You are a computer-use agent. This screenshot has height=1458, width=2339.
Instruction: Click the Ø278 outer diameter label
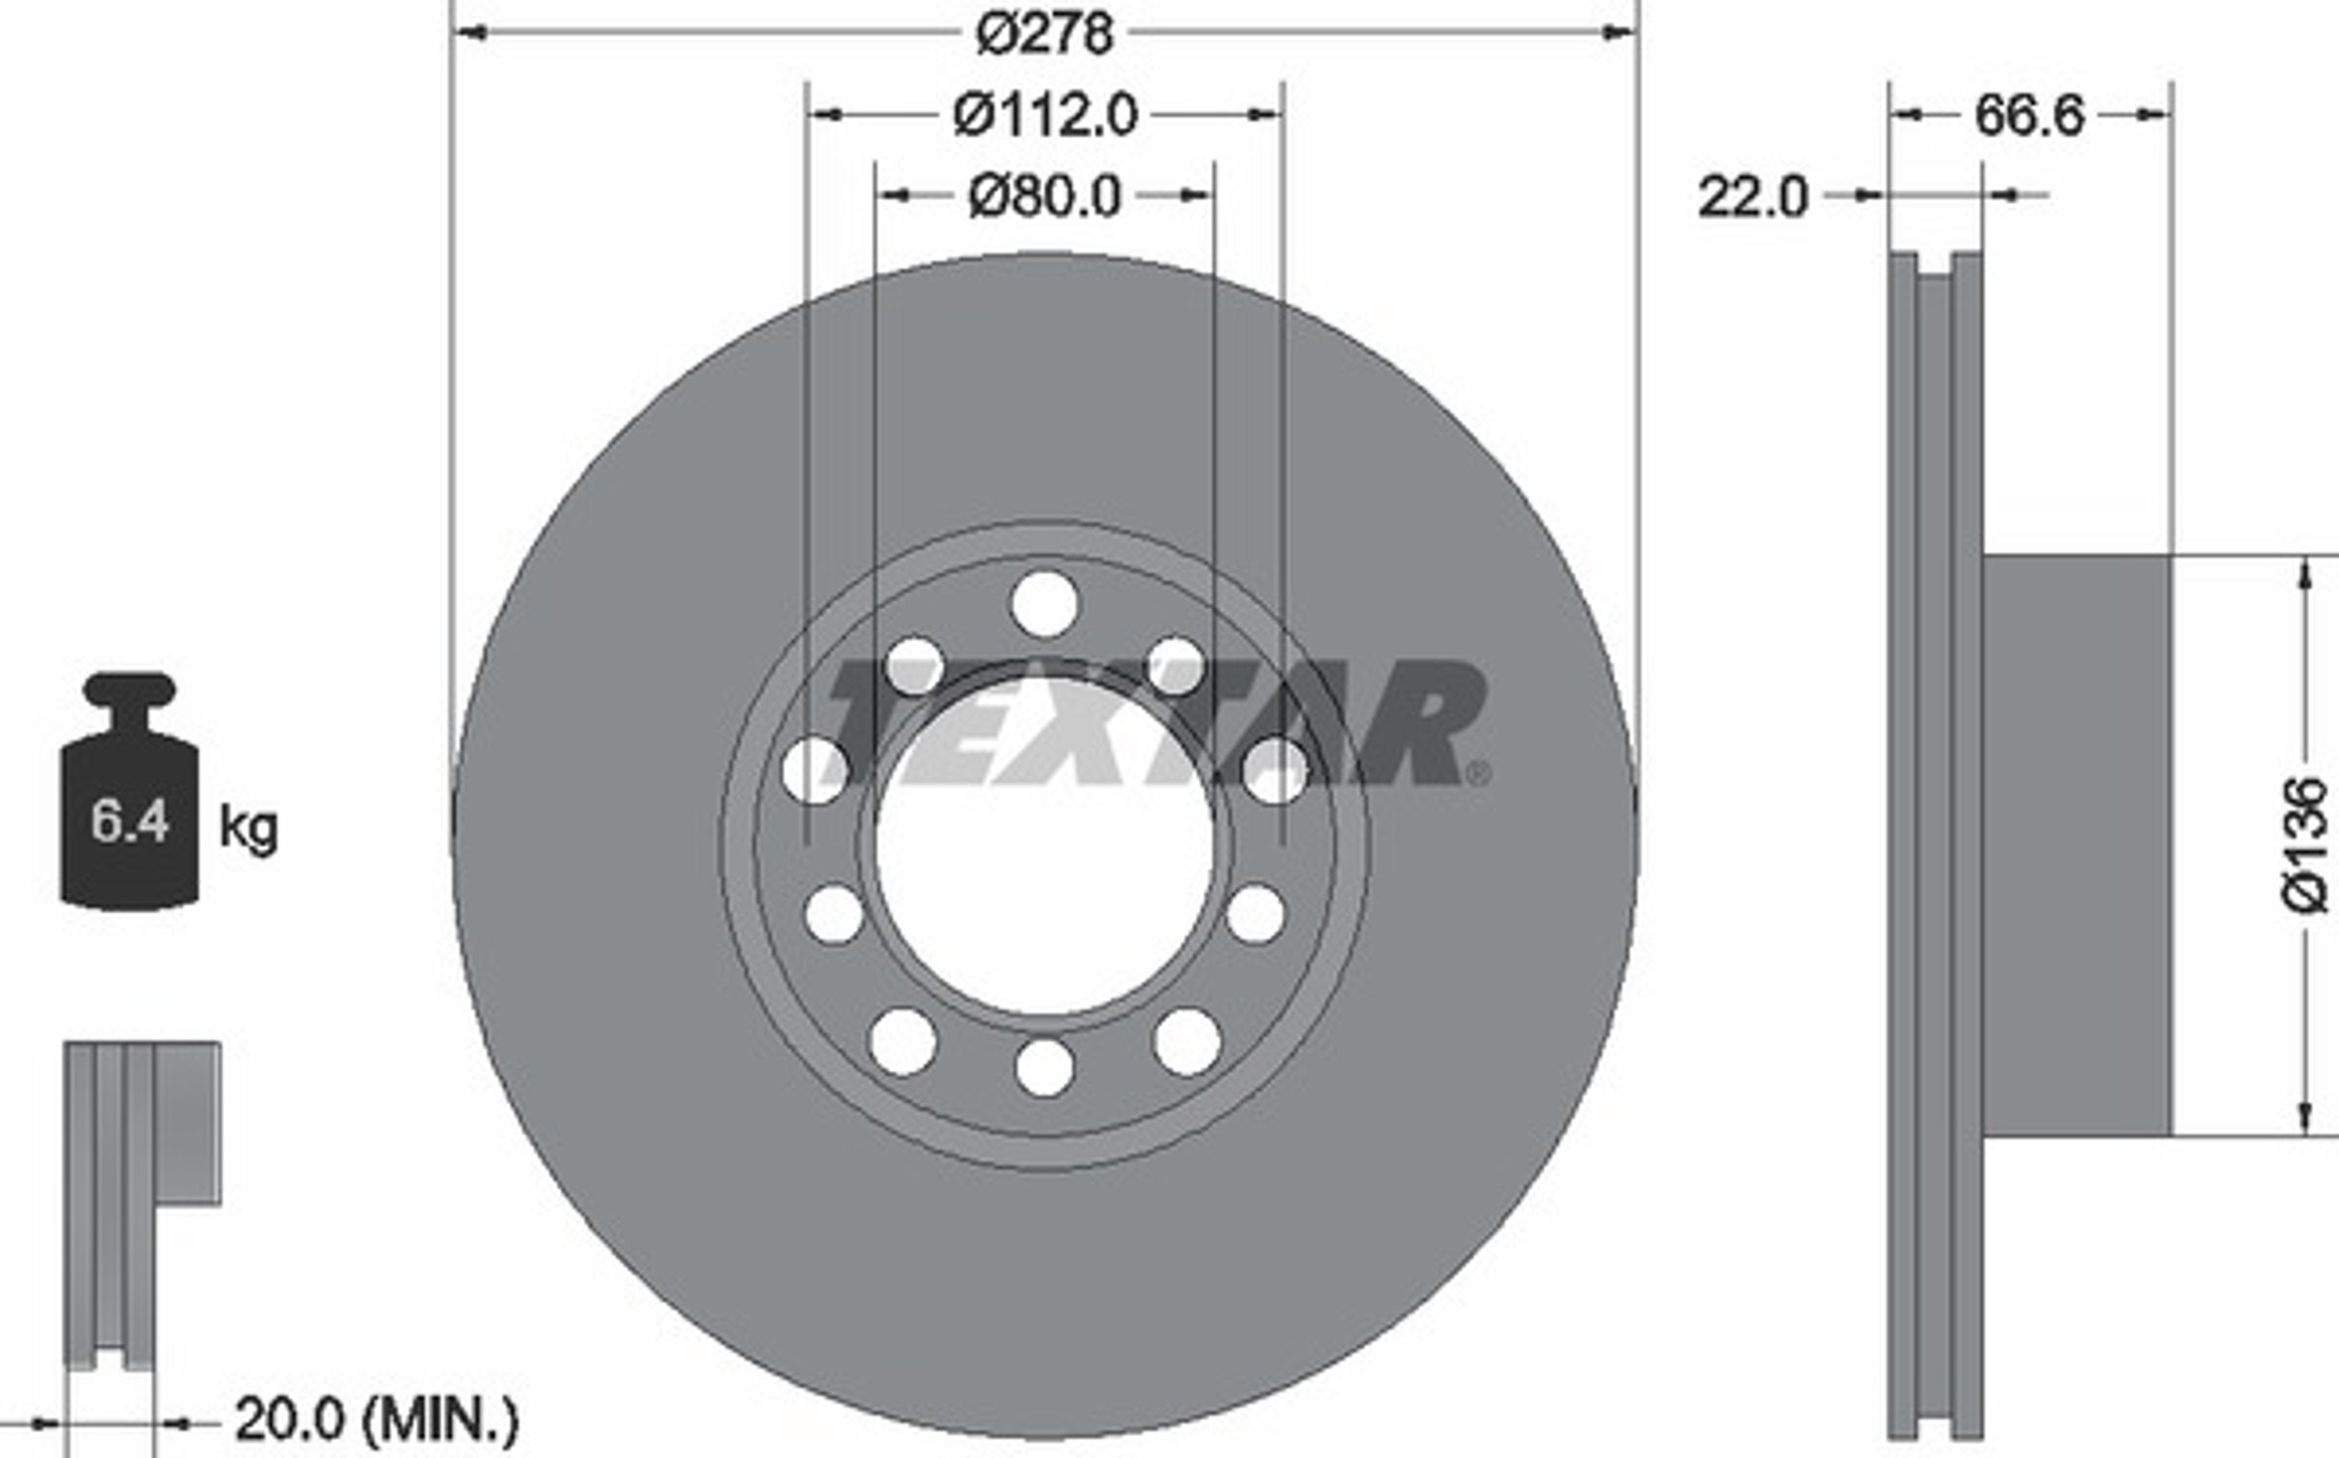[1044, 35]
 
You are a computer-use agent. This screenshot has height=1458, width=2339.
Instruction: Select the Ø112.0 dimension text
[1045, 116]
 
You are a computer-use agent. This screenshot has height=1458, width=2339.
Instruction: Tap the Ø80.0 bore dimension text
[1045, 197]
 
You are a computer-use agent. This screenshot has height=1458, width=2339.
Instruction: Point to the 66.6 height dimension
[2030, 116]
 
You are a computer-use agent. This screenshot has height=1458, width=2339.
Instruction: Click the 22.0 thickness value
[1753, 197]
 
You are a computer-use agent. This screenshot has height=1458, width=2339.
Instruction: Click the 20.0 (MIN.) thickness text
[377, 1421]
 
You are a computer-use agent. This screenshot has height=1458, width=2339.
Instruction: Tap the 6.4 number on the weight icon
[130, 821]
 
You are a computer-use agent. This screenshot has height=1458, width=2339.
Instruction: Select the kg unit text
[249, 829]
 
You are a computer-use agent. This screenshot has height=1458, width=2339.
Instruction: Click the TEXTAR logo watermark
[1155, 722]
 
